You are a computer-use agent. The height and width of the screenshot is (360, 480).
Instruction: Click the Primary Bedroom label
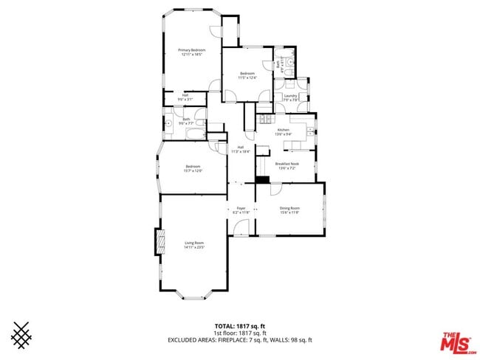(191, 50)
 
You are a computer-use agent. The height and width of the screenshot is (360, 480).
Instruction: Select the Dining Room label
(289, 208)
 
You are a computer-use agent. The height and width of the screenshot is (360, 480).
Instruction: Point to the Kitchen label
(284, 130)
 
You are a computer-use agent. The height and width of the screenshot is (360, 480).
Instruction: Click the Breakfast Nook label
(287, 164)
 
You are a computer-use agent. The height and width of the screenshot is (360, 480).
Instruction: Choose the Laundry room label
(289, 95)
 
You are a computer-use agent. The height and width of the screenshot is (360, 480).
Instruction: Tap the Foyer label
(241, 209)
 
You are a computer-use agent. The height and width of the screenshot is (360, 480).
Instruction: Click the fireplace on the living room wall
(158, 242)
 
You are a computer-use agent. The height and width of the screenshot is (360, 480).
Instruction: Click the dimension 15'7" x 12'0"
(193, 171)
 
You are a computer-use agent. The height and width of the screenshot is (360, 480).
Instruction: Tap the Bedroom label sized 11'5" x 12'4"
(247, 73)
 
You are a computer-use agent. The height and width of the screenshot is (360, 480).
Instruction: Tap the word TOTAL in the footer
(224, 325)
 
